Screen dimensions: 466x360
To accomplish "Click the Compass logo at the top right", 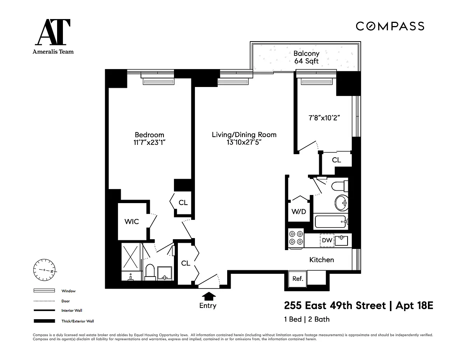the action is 390,26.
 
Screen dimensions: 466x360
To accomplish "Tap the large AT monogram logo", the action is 53,32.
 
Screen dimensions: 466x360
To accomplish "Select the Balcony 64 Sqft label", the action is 306,57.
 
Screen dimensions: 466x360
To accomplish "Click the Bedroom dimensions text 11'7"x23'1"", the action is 150,143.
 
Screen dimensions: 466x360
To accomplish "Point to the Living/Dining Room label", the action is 244,135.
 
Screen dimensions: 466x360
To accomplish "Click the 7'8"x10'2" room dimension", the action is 324,118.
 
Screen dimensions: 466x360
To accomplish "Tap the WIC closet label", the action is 132,221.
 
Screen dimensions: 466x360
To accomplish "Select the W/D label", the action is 299,212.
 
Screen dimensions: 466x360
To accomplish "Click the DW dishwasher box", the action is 327,240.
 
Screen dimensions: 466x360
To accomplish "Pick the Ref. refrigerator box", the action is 297,279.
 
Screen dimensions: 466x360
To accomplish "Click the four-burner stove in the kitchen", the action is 296,238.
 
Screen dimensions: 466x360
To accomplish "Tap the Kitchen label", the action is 322,260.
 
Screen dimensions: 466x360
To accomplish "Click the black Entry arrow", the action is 209,296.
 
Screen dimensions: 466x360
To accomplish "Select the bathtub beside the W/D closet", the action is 330,222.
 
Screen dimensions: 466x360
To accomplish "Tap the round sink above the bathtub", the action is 341,203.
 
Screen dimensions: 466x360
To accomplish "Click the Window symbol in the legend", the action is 44,290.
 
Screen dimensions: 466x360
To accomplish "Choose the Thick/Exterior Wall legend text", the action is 78,321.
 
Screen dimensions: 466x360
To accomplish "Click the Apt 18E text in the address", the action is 414,306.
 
